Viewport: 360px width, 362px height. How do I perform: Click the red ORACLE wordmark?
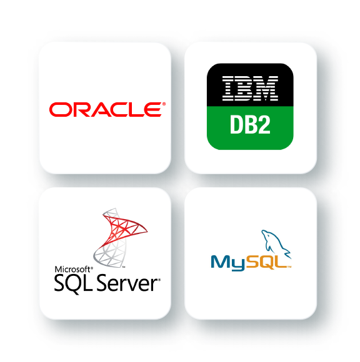[x=105, y=109]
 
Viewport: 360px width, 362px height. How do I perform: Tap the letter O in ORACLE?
[x=58, y=110]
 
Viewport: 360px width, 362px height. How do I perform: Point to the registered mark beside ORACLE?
[x=164, y=104]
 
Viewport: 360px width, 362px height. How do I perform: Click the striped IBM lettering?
[x=250, y=89]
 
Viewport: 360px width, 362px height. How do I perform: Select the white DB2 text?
[x=250, y=124]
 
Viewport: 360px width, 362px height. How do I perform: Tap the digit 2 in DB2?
[x=264, y=124]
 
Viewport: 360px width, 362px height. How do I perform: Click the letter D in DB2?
[x=236, y=124]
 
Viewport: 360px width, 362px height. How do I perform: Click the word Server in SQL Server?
[x=127, y=283]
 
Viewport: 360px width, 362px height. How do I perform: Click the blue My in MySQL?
[x=227, y=263]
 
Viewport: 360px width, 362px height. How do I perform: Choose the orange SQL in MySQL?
[x=266, y=262]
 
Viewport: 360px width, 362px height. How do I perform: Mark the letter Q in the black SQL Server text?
[x=74, y=285]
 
